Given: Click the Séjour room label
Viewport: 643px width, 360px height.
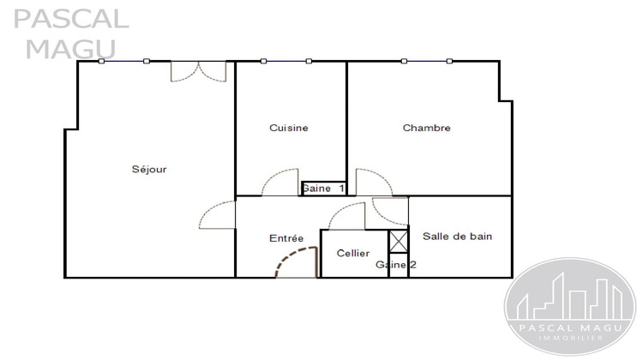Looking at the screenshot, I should point(149,169).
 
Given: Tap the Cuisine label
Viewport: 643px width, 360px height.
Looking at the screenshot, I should point(288,128).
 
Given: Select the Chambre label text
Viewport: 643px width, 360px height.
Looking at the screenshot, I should point(426,128).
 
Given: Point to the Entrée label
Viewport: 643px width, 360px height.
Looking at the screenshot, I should point(286,238).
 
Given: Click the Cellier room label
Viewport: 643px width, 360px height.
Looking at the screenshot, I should point(353,253).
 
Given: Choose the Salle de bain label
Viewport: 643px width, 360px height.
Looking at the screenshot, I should point(457,236).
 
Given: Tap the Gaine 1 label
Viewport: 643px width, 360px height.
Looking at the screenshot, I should point(322,188).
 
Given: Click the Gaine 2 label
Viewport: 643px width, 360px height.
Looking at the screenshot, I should point(396,265).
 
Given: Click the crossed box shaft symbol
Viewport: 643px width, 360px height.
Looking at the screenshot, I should point(399,242).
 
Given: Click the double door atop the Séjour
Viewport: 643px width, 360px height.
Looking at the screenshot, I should point(198,71).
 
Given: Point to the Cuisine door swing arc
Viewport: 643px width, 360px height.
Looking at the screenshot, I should point(279,181).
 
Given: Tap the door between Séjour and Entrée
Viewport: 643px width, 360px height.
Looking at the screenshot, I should point(214,214).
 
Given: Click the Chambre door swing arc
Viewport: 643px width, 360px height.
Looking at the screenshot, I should point(372,181).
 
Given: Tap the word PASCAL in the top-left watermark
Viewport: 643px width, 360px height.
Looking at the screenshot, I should point(72,18).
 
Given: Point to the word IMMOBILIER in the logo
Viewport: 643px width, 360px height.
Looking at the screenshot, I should point(571,339).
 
